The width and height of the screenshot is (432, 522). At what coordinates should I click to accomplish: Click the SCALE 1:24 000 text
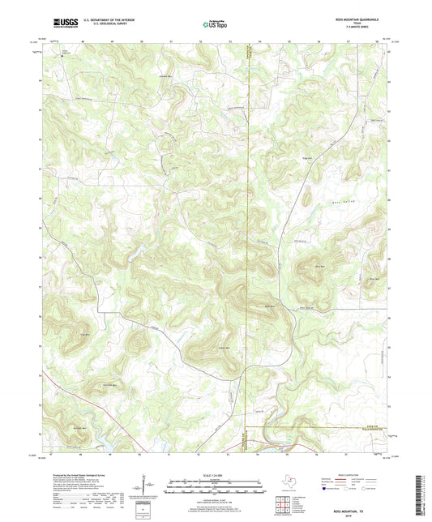tap(215, 476)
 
